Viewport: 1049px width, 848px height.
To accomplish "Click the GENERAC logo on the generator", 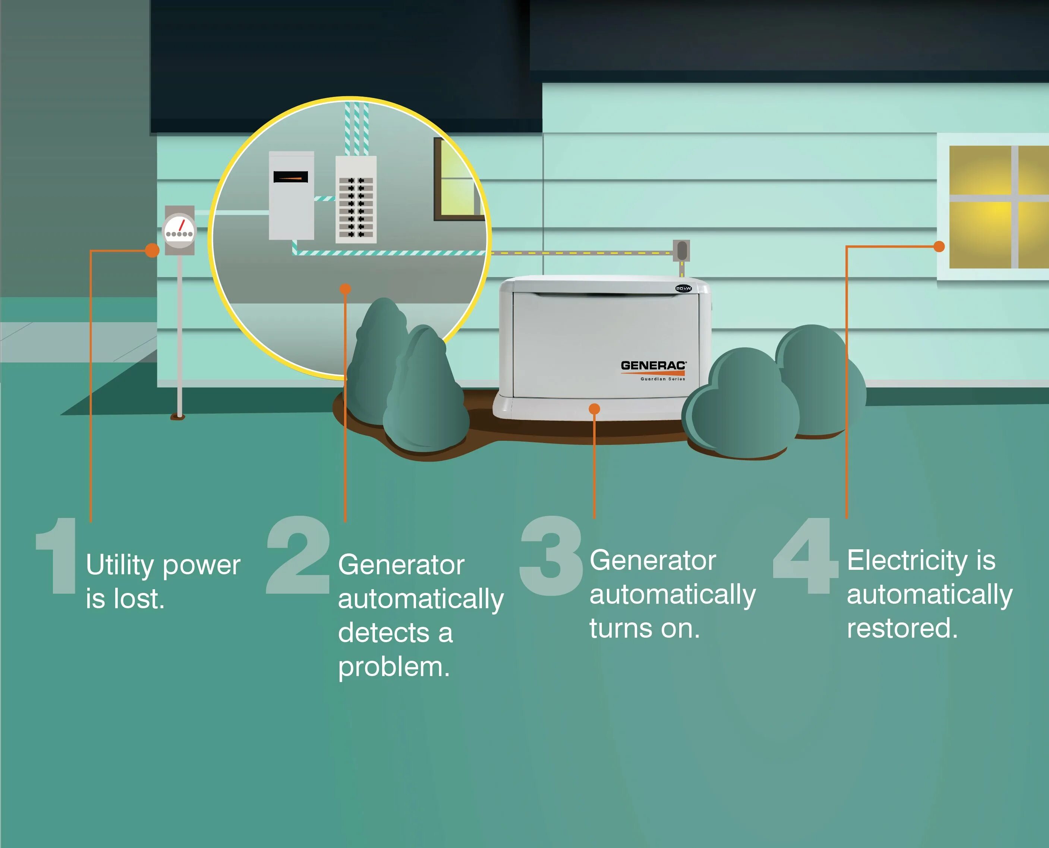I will (x=653, y=366).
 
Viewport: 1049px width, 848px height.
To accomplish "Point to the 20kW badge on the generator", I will (x=683, y=289).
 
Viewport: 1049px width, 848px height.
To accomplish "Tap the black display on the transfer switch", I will (x=290, y=177).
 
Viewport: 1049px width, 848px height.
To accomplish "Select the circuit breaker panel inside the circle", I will (x=356, y=199).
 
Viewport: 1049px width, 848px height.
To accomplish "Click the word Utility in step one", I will (x=120, y=566).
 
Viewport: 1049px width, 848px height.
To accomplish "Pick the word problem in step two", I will (x=394, y=667).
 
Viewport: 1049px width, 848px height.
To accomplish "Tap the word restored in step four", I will (x=902, y=628).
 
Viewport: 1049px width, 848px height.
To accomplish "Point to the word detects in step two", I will (x=383, y=633).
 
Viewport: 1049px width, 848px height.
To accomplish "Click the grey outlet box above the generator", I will (x=682, y=251).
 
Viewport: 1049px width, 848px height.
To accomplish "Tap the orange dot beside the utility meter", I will (x=152, y=251).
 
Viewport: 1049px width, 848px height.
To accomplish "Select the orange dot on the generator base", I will (x=594, y=409).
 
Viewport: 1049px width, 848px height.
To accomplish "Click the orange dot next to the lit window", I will (x=939, y=247).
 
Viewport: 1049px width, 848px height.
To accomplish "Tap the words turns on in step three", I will (x=645, y=629).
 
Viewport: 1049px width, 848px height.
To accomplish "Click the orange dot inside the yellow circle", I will (x=345, y=289).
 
